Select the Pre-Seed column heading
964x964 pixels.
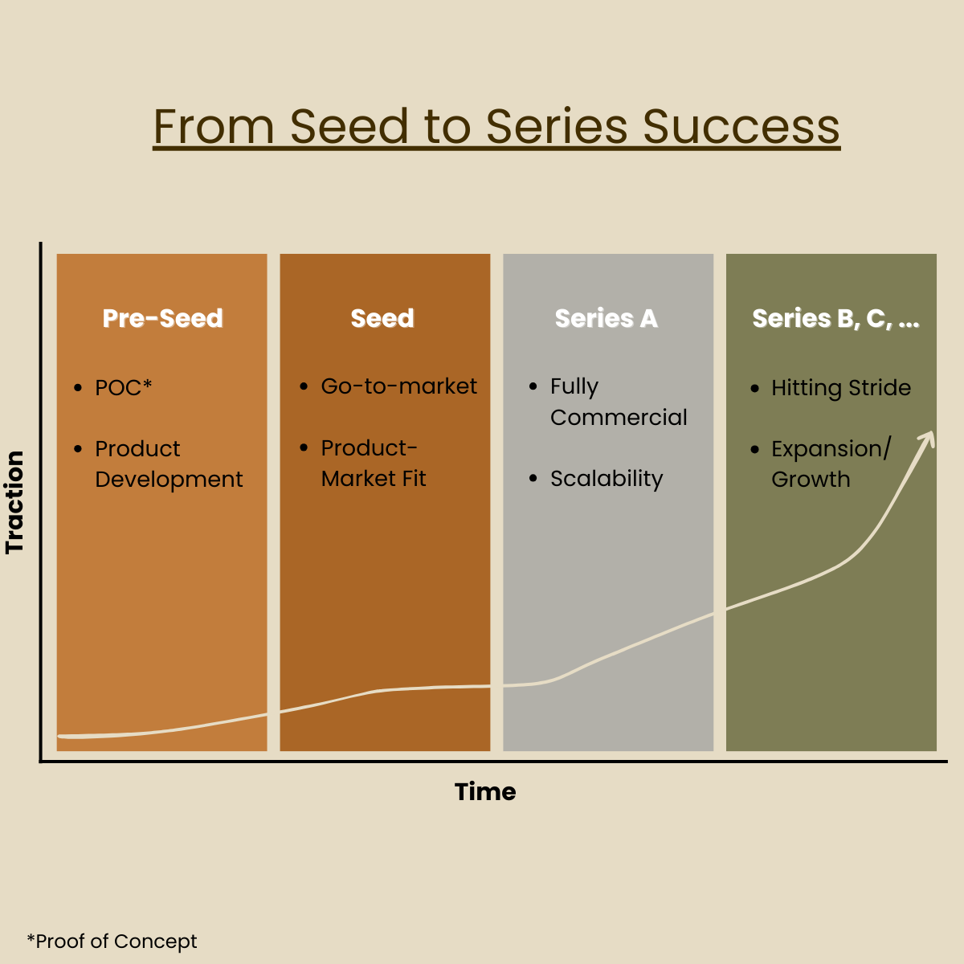coord(162,318)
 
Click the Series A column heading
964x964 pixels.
coord(607,318)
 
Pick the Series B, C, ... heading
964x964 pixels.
coord(835,319)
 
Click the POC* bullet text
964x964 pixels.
coord(123,388)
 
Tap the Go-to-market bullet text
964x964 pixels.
coord(398,386)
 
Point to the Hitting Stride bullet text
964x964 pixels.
coord(841,388)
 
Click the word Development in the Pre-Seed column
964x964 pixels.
coord(169,480)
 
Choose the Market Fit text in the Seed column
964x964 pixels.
coord(374,479)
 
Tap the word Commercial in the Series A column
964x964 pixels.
coord(619,417)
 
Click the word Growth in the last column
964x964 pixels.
coord(811,480)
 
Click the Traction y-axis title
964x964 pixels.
coord(14,502)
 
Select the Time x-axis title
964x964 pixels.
coord(485,792)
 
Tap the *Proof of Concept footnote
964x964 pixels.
coord(112,941)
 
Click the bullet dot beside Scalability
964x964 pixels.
coord(533,478)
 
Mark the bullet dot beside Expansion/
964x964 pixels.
coord(755,449)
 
